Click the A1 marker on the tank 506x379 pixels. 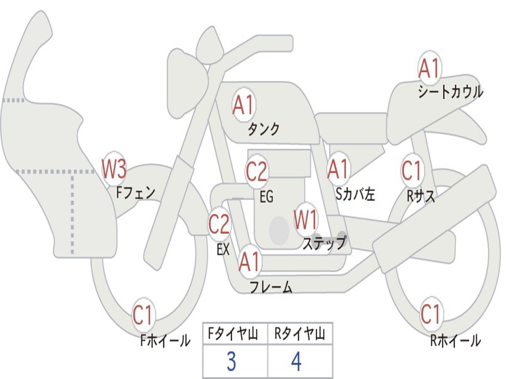(244, 105)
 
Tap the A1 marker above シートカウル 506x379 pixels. (429, 68)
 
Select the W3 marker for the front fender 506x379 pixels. (114, 169)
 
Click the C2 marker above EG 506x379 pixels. (257, 171)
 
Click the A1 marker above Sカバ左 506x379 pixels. (338, 169)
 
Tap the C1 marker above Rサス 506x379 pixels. (412, 170)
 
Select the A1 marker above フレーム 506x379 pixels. (250, 262)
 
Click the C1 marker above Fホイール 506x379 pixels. (142, 315)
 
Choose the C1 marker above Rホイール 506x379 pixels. (430, 313)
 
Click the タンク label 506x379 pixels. (263, 129)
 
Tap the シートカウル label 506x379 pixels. (451, 91)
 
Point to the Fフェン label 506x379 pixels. (135, 193)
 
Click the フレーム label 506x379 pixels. (271, 287)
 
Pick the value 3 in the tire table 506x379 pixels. (231, 362)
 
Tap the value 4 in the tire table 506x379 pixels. (296, 362)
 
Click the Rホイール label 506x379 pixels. (455, 341)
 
